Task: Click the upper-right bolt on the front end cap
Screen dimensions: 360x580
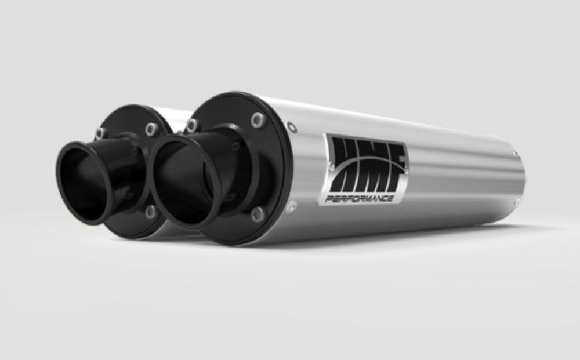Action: tap(257, 121)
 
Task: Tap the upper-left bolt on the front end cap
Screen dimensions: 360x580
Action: tap(191, 126)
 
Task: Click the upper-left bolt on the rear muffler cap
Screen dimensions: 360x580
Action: tap(101, 133)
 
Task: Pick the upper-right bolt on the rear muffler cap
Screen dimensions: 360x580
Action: tap(152, 129)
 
